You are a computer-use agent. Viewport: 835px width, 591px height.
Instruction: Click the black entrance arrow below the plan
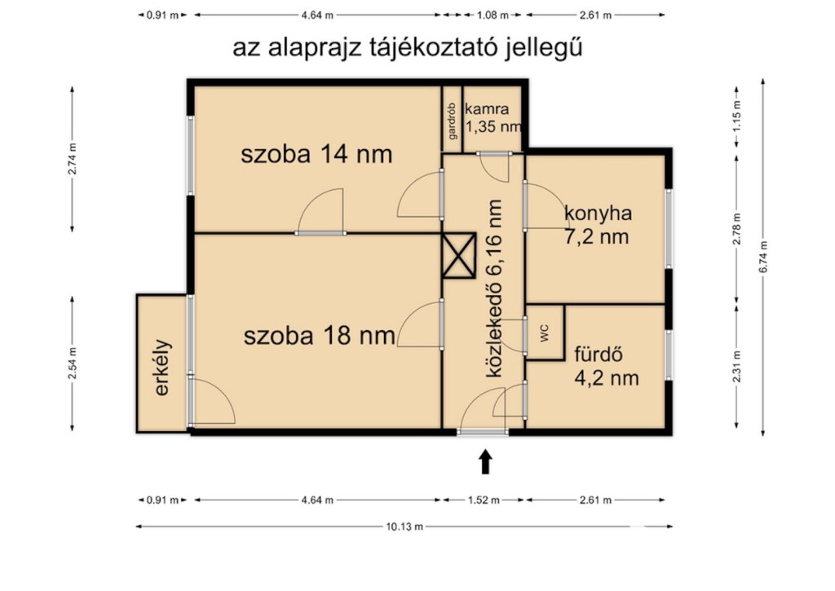484,461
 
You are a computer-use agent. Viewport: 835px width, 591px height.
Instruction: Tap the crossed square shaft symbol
458,256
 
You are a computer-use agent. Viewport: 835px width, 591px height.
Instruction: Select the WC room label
544,333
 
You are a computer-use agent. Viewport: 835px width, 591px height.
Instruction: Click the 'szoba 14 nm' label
316,154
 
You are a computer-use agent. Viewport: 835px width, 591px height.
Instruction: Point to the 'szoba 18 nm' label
320,336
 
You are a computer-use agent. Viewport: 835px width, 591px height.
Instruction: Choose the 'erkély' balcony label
162,368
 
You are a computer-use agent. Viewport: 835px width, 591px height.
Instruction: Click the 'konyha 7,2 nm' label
598,225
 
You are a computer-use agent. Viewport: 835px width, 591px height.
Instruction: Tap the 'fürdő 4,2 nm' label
606,366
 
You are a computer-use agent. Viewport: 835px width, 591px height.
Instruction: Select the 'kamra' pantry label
487,109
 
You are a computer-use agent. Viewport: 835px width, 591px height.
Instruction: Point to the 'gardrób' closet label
452,121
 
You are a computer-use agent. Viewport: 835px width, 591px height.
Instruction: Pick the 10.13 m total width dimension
404,527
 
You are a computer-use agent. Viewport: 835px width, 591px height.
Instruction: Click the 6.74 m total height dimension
763,257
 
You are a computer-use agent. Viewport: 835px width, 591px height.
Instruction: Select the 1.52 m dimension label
484,500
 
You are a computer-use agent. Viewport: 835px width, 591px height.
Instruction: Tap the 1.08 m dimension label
492,15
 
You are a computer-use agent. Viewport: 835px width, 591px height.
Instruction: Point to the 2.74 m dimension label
73,159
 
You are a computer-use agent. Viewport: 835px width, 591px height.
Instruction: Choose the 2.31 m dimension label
736,366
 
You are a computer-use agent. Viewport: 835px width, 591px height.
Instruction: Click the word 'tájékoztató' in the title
435,47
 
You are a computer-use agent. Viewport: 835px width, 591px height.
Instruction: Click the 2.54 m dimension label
73,364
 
